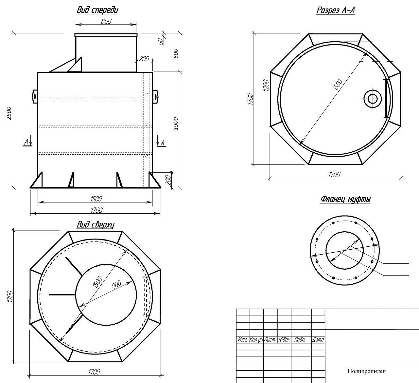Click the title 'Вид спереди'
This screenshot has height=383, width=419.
97,10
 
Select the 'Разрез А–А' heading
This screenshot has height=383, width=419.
336,10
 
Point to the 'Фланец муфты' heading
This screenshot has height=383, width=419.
345,199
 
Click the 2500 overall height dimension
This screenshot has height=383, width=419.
9,113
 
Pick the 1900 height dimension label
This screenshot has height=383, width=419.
176,124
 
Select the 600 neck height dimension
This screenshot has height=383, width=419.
176,54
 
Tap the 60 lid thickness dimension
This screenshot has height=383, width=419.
161,42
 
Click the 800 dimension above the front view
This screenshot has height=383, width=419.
106,21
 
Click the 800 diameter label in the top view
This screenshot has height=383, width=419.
116,285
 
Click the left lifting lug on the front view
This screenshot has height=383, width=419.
35,96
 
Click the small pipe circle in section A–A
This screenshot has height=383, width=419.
373,99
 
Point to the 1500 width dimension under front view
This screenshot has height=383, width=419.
96,199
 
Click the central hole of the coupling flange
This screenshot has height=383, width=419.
344,250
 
